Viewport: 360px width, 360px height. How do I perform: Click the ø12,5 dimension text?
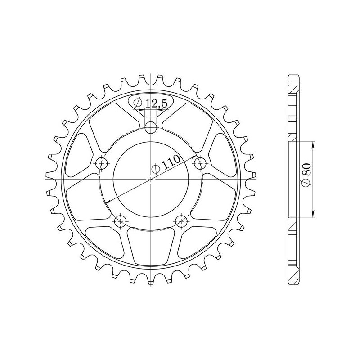[152, 103]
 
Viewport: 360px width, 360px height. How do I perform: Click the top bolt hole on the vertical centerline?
[152, 127]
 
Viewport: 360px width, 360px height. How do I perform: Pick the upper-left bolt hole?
[103, 163]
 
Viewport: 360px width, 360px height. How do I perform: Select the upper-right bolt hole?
[200, 163]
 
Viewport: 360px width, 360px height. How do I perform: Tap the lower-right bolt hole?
[181, 220]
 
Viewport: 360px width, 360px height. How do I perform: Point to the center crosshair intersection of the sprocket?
[152, 180]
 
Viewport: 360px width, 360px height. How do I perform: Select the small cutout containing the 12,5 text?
[151, 103]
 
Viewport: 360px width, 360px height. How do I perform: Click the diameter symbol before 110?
[156, 169]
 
